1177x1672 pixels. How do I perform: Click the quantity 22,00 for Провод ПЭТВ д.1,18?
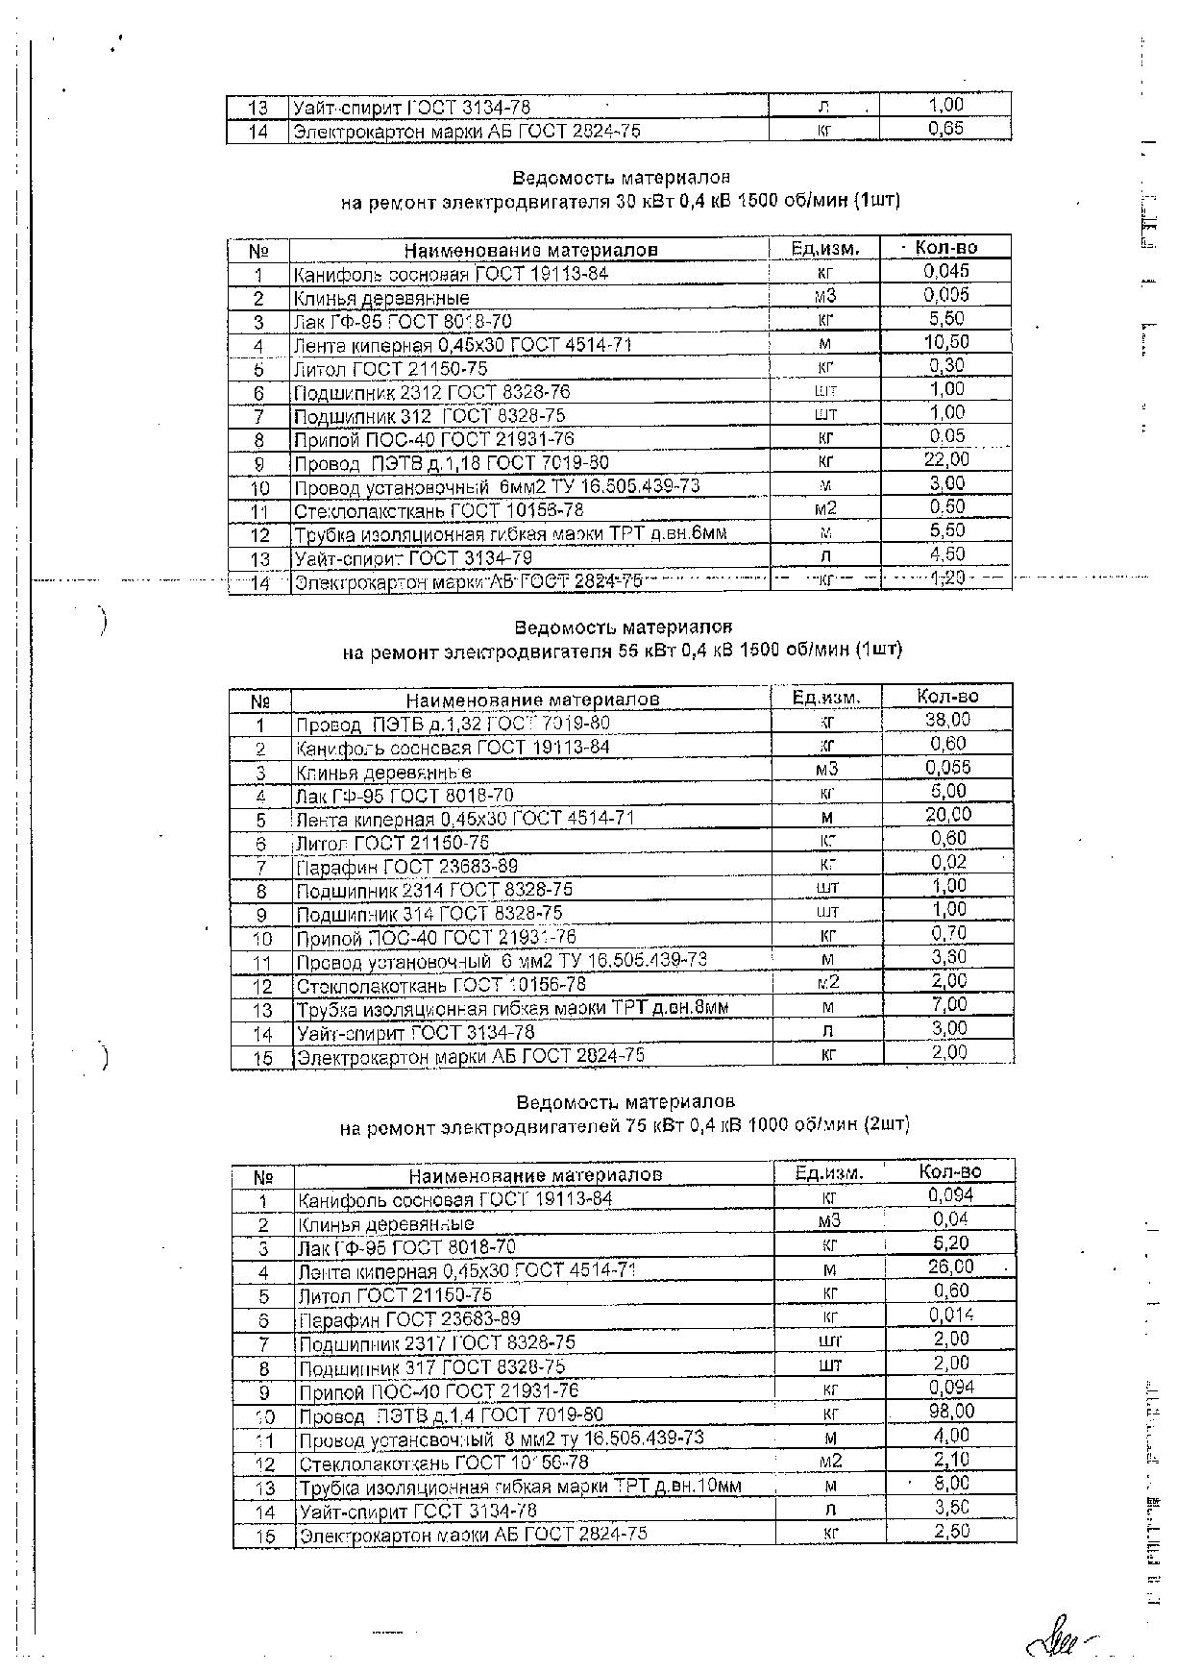(946, 460)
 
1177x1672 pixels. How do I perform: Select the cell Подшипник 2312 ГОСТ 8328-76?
(431, 392)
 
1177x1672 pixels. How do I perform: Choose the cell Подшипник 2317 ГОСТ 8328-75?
(437, 1342)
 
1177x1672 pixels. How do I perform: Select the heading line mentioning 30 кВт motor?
(621, 202)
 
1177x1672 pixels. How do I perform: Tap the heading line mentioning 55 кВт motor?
(623, 651)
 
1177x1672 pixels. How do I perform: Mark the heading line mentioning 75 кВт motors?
(625, 1125)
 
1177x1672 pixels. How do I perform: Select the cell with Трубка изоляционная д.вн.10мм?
(520, 1487)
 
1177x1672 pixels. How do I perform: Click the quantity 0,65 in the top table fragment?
(945, 129)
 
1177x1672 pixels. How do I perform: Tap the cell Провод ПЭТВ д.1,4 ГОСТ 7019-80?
(451, 1415)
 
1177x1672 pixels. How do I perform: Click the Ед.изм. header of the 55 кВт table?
(826, 697)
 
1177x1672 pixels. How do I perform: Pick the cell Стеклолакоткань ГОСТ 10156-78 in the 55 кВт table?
(441, 985)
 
